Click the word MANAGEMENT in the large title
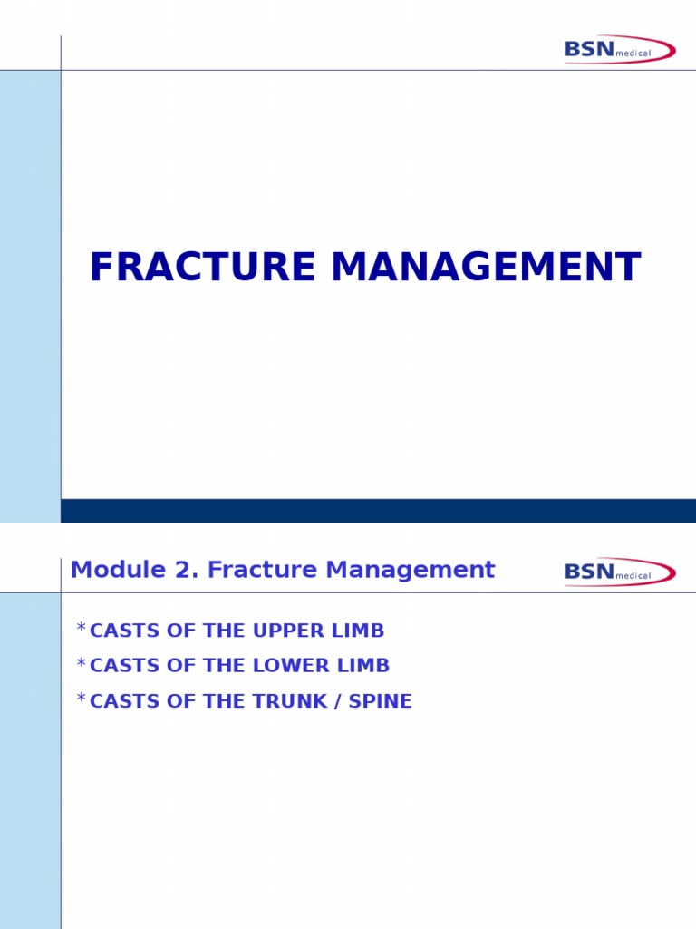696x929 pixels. coord(486,268)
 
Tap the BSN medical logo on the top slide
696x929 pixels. coord(620,49)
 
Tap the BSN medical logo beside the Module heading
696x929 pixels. coord(620,572)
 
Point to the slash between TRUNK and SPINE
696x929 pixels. coord(339,701)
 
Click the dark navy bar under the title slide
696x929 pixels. coord(378,510)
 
